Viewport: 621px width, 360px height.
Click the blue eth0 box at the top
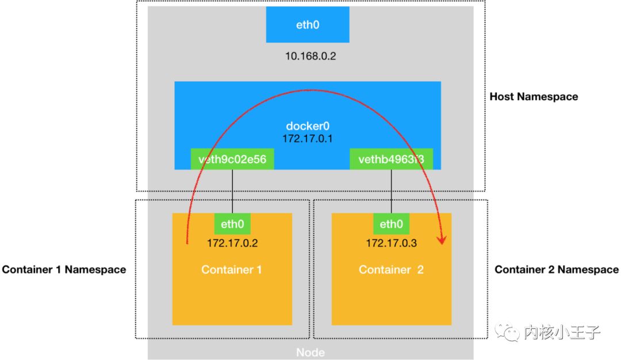(308, 25)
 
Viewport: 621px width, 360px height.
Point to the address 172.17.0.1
(308, 139)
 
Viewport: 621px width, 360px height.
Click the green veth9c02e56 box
(232, 159)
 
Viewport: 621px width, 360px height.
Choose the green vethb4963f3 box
(391, 159)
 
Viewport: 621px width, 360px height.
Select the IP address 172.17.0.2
(232, 243)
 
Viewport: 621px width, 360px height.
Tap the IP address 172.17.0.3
(391, 243)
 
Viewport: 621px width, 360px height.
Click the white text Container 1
(232, 269)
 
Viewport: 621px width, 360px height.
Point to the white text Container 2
(391, 269)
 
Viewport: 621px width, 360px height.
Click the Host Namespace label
(534, 97)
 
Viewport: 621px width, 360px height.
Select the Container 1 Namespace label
(64, 269)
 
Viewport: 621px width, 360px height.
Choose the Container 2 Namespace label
(557, 269)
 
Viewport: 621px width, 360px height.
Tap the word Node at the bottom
(310, 353)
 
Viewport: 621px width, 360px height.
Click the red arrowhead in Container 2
(442, 239)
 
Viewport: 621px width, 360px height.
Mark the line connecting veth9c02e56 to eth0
(232, 191)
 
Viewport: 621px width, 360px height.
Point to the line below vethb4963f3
(391, 191)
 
